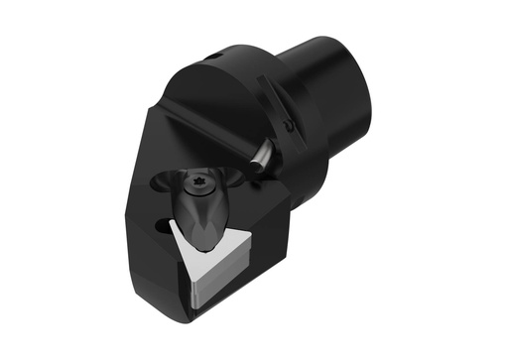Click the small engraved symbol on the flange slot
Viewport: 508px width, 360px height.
[289, 126]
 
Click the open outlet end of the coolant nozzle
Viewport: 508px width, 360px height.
[252, 175]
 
